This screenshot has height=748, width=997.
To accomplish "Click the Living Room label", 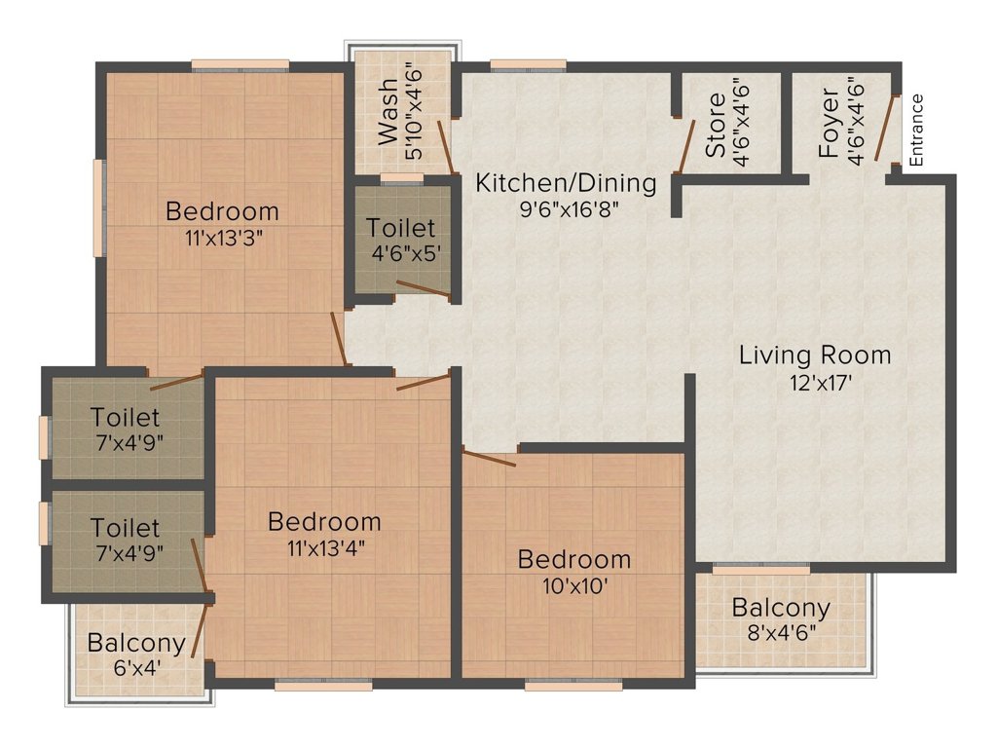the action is [x=815, y=355].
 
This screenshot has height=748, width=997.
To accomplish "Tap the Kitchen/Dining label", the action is [x=566, y=183].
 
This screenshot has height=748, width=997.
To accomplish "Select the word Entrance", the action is [x=916, y=131].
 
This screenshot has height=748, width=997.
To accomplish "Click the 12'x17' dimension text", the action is [x=821, y=383].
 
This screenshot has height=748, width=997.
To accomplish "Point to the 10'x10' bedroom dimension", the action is [x=574, y=585].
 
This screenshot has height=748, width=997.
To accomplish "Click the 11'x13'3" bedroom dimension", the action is [x=224, y=239].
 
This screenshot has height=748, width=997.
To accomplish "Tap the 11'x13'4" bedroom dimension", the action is [x=325, y=547].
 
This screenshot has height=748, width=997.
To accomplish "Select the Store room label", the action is [x=716, y=125].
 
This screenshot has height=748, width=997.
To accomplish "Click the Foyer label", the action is [x=830, y=124].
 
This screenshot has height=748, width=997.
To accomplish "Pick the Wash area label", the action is [x=388, y=112].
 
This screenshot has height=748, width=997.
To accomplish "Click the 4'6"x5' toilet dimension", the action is [x=406, y=254].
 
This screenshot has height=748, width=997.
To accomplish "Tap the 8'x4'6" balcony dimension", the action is [x=782, y=633].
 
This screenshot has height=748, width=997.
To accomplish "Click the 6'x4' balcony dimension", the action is [x=136, y=668].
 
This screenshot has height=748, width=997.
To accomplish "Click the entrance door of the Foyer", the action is [x=886, y=128].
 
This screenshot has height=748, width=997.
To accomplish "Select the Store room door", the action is [x=687, y=146].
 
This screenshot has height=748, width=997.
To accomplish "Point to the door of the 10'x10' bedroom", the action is [x=489, y=458].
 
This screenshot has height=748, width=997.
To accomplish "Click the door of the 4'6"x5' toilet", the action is [x=424, y=288].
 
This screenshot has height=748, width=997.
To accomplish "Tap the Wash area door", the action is [x=446, y=147].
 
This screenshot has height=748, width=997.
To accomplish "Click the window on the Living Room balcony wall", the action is [x=761, y=569].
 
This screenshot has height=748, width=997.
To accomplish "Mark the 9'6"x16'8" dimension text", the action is [x=569, y=209].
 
